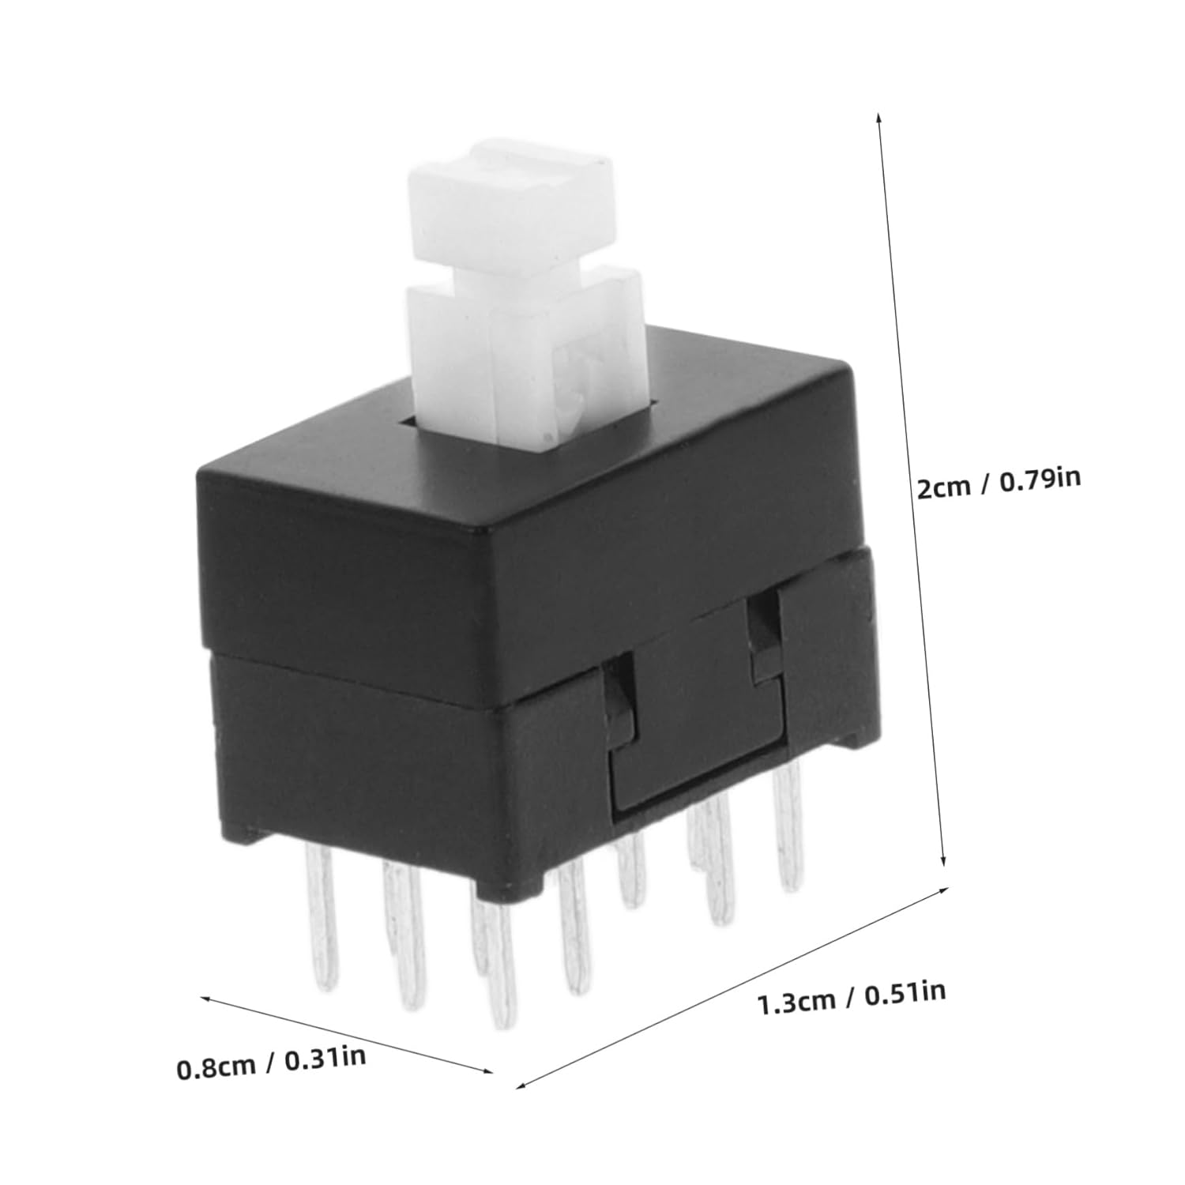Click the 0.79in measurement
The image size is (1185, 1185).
(1040, 480)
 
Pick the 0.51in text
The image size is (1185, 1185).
(905, 992)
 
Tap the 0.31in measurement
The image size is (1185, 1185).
(325, 1058)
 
